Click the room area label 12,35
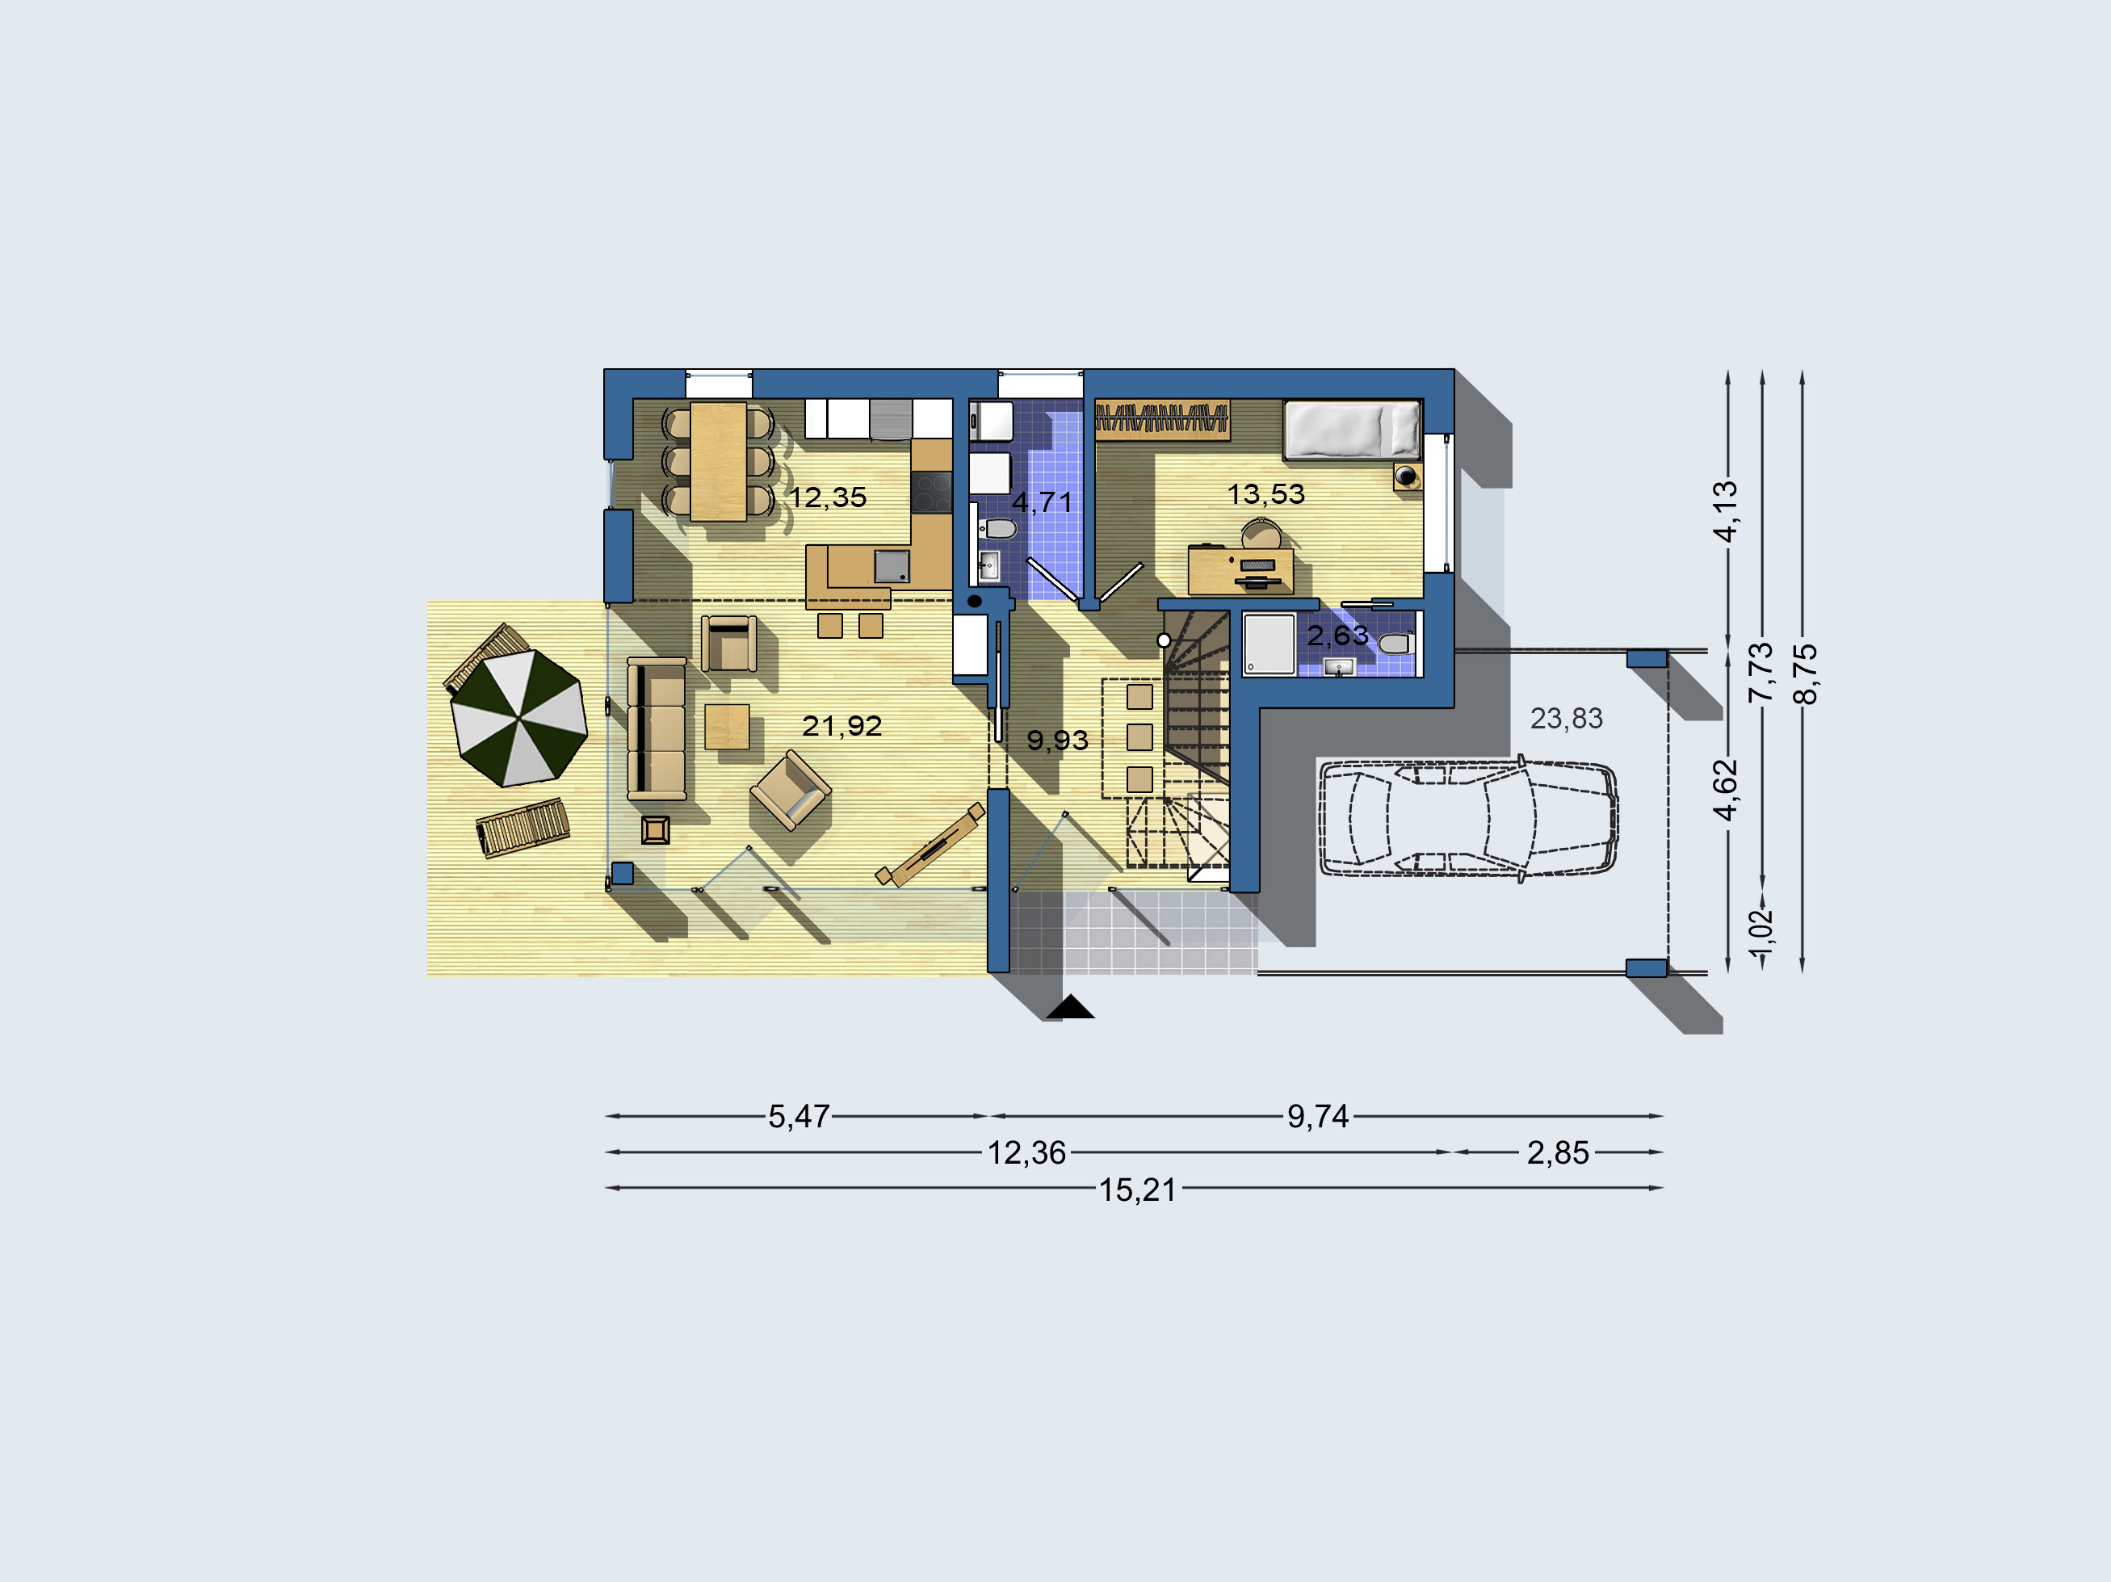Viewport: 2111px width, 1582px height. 829,497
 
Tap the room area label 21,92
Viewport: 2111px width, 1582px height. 841,726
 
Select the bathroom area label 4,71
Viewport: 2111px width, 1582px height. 1042,501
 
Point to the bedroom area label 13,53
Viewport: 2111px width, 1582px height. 1265,494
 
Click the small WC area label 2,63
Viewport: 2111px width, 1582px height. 1337,636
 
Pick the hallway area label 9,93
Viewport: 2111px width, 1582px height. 1057,741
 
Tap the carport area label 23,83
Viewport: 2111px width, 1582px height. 1566,719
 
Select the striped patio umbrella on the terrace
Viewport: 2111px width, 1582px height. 518,718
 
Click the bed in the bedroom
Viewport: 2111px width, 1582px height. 1353,430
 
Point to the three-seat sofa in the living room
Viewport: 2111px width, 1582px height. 657,729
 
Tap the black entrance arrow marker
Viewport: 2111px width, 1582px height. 1070,1007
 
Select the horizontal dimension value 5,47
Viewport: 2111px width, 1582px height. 799,1116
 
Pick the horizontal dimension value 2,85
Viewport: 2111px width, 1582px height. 1558,1152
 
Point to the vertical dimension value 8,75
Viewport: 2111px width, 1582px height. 1806,674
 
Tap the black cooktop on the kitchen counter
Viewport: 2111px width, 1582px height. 930,493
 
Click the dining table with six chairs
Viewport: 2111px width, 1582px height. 719,462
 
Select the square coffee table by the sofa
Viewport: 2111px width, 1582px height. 727,726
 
